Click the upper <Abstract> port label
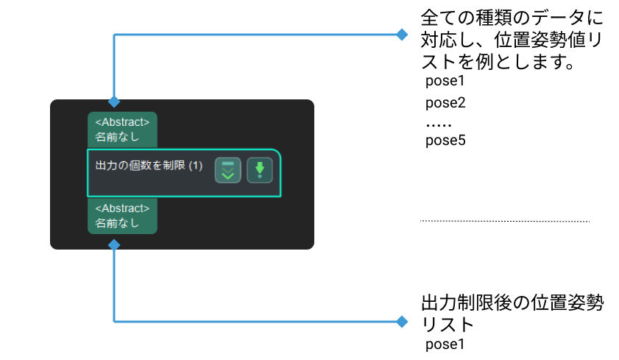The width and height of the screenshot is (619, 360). click(122, 122)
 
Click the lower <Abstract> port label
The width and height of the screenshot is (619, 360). click(122, 208)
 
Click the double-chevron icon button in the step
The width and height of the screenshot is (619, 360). click(227, 170)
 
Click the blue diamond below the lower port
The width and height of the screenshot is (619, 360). click(113, 243)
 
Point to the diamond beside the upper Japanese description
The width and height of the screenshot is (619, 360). click(402, 35)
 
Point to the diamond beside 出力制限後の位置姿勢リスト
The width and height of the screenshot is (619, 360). click(402, 321)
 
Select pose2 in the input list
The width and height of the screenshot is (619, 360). click(446, 102)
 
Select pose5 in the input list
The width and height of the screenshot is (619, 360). click(446, 140)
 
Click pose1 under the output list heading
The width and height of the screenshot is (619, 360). click(446, 344)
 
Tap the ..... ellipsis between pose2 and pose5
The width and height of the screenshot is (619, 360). click(439, 122)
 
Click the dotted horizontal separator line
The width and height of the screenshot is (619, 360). click(505, 221)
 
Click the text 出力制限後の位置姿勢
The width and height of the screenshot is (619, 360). click(512, 303)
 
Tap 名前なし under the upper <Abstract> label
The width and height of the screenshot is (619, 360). click(117, 136)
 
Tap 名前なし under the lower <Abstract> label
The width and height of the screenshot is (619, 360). click(117, 223)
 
